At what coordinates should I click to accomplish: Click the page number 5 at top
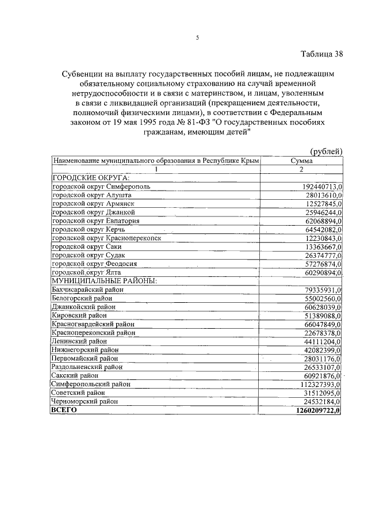[x=197, y=38]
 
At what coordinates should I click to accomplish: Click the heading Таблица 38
[x=322, y=55]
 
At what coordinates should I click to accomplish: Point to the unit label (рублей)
[x=326, y=151]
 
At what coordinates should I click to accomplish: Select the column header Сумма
[x=301, y=161]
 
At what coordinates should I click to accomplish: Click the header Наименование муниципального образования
[x=155, y=161]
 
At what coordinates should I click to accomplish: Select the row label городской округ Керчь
[x=87, y=229]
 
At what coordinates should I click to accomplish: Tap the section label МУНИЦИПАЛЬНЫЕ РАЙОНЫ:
[x=104, y=281]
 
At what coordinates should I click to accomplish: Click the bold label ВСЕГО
[x=64, y=410]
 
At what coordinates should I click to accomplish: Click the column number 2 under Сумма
[x=301, y=170]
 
